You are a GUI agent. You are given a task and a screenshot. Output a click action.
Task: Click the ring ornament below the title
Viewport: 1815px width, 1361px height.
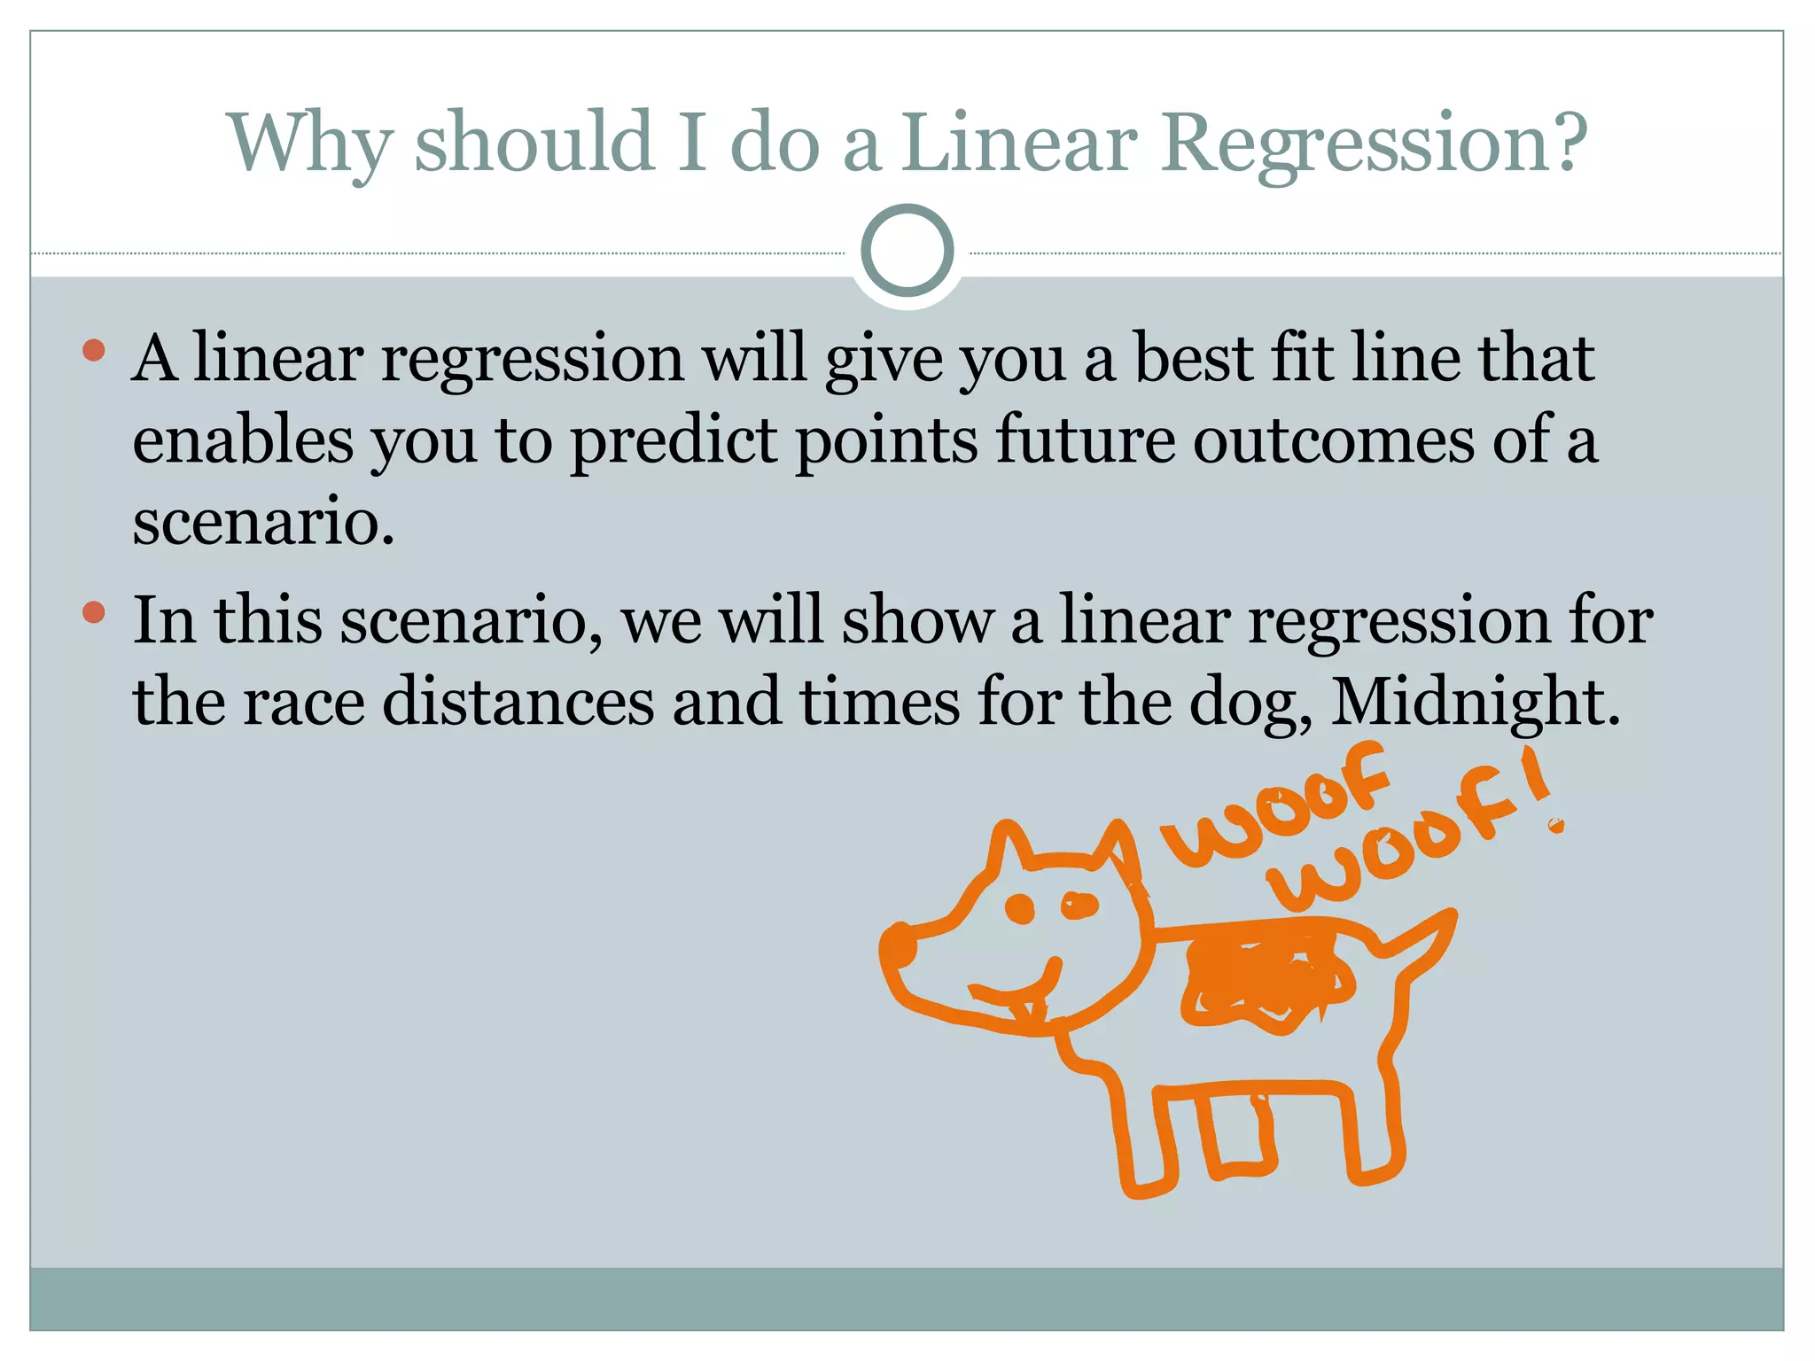tap(907, 251)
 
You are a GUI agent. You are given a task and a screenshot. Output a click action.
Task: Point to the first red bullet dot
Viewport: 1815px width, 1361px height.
tap(93, 351)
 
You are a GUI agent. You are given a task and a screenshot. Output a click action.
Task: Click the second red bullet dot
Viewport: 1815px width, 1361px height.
tap(93, 612)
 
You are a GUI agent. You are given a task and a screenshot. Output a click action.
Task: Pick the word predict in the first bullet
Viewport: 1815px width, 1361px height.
tap(674, 440)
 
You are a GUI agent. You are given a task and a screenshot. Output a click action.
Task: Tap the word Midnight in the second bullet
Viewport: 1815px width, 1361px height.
tap(1475, 702)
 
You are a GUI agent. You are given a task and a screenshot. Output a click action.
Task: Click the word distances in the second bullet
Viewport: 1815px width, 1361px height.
tap(518, 702)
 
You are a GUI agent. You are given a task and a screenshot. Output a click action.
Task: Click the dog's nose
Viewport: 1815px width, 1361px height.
tap(899, 946)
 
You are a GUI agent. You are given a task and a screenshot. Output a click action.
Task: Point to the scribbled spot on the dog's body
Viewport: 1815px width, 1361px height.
tap(1263, 979)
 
